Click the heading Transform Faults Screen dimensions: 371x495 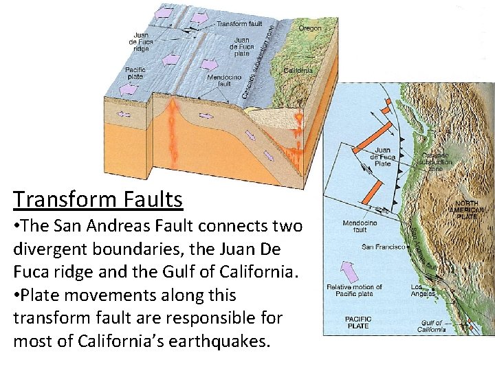tap(98, 199)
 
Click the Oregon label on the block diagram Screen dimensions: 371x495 tap(309, 28)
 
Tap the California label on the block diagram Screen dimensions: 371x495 tap(298, 70)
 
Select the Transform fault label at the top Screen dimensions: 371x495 tap(239, 24)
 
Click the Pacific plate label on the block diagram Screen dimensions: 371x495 tap(135, 73)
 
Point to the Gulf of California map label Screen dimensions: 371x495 tap(431, 326)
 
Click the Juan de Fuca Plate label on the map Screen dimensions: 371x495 tap(382, 157)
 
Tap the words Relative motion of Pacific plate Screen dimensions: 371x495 tap(355, 291)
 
